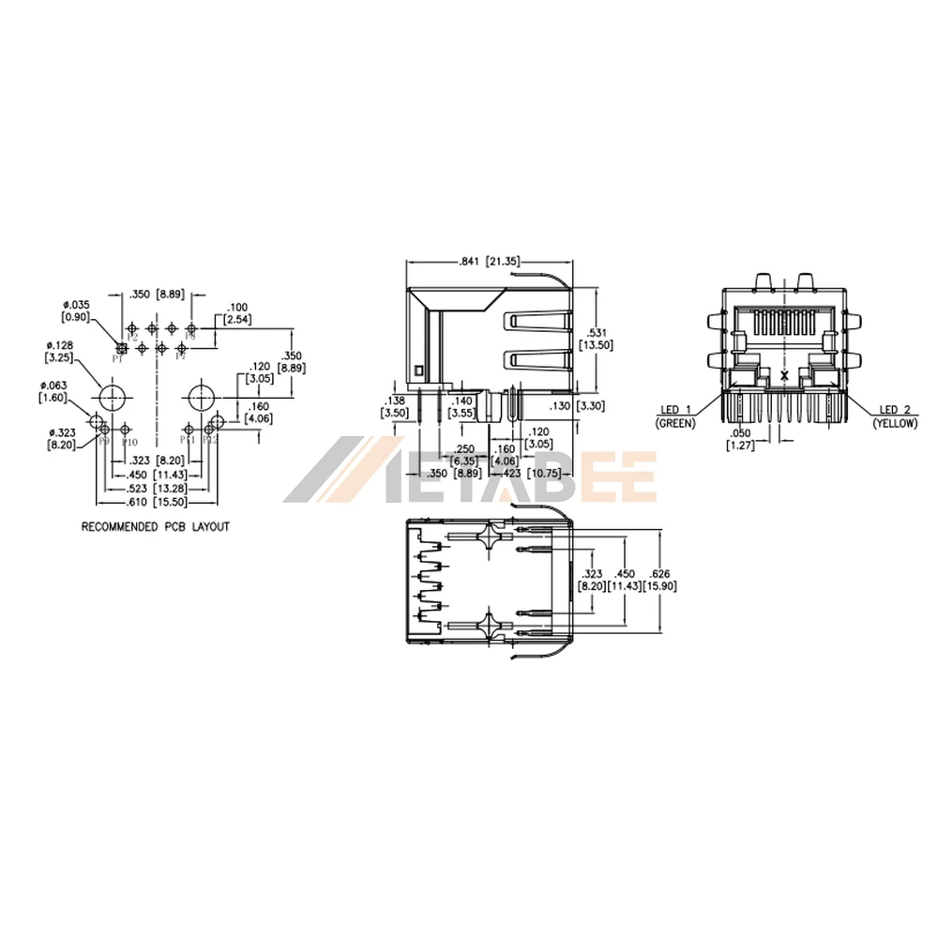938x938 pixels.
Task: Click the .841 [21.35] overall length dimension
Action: (x=488, y=262)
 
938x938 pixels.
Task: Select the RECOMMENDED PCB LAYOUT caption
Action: (x=156, y=527)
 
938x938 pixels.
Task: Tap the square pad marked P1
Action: (x=120, y=347)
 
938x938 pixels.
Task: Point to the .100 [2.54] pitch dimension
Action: (x=236, y=312)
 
